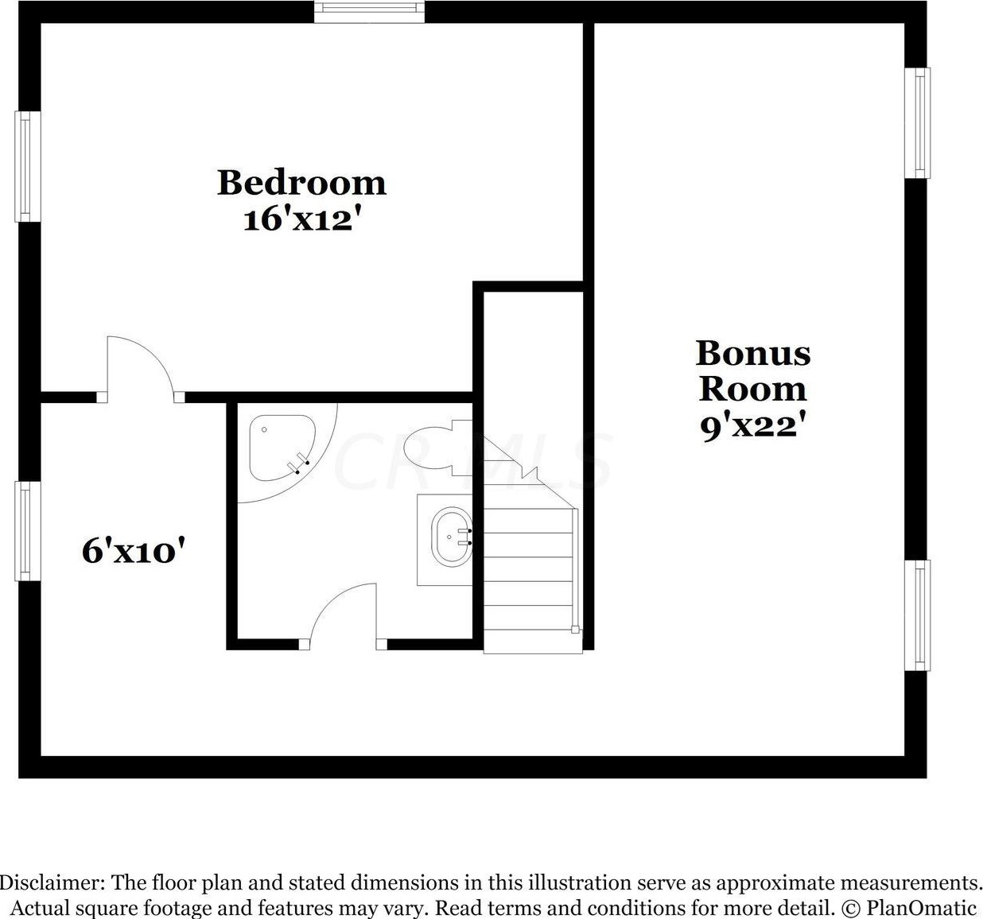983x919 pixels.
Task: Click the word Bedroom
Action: (301, 183)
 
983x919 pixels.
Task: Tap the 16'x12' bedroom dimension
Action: (297, 219)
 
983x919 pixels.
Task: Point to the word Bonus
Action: (753, 353)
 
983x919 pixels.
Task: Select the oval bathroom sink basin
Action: (451, 537)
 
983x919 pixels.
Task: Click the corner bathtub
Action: (280, 448)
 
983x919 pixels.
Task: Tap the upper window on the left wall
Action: (27, 166)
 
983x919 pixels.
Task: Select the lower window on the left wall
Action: (27, 530)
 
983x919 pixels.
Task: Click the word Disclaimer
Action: (51, 883)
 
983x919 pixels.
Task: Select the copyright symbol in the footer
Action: (851, 908)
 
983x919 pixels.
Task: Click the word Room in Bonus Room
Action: (752, 389)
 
